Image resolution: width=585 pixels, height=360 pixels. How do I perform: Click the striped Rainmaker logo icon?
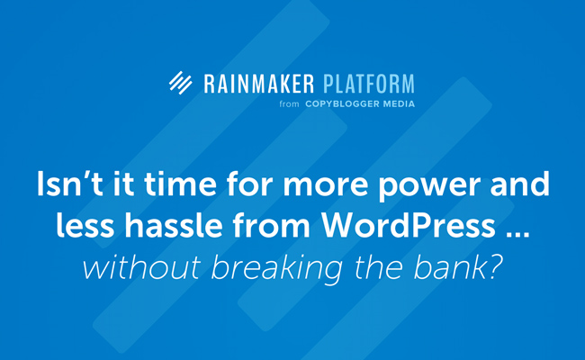point(181,83)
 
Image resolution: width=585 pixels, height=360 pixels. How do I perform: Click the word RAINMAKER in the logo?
point(259,84)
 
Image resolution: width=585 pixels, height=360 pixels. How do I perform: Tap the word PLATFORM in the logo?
point(369,84)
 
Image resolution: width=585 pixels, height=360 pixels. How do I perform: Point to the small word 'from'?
point(289,104)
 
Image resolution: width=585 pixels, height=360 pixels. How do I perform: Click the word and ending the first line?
point(519,184)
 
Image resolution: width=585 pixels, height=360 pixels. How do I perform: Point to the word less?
point(85,225)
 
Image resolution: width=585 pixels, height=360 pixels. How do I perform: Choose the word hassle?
point(174,225)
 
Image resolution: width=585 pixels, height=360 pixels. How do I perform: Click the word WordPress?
point(409,225)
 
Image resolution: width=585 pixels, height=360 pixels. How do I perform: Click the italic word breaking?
point(277,268)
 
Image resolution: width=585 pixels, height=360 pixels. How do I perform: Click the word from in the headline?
point(272,225)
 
